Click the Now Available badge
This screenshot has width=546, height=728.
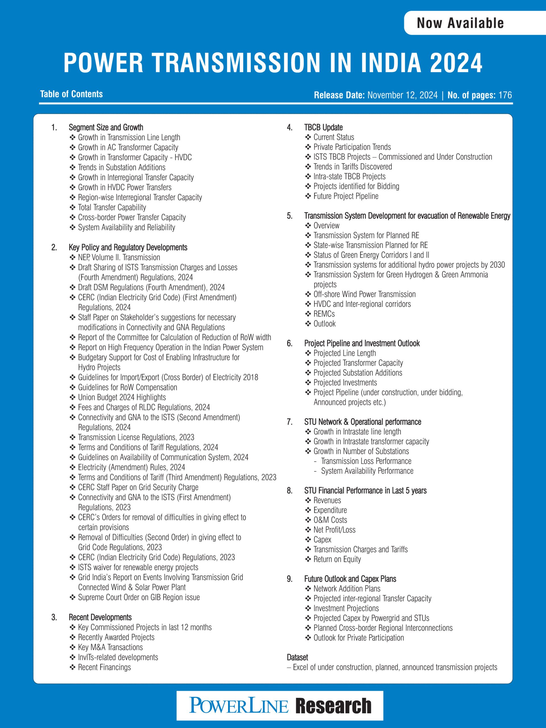(460, 23)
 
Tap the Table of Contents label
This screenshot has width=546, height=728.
(71, 94)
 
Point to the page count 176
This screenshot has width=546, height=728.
(505, 95)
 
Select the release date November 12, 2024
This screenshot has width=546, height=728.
(402, 95)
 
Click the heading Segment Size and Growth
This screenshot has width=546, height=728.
(106, 127)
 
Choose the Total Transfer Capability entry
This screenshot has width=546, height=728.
(112, 207)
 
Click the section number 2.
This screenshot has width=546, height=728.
(54, 247)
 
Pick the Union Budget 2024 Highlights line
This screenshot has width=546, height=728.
(122, 397)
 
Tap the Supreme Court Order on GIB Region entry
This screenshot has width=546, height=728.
(138, 597)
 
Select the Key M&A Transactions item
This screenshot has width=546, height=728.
(110, 647)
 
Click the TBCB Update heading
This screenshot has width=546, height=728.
(323, 127)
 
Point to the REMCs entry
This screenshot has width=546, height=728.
(324, 314)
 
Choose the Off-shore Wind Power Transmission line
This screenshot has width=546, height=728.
(364, 294)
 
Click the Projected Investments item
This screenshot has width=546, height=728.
(345, 382)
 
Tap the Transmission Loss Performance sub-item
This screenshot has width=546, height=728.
(366, 461)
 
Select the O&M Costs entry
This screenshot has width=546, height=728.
(330, 520)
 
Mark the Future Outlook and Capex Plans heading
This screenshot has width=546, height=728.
(350, 579)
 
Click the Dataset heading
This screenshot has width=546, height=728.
(297, 657)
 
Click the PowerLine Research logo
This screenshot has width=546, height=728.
(280, 706)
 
